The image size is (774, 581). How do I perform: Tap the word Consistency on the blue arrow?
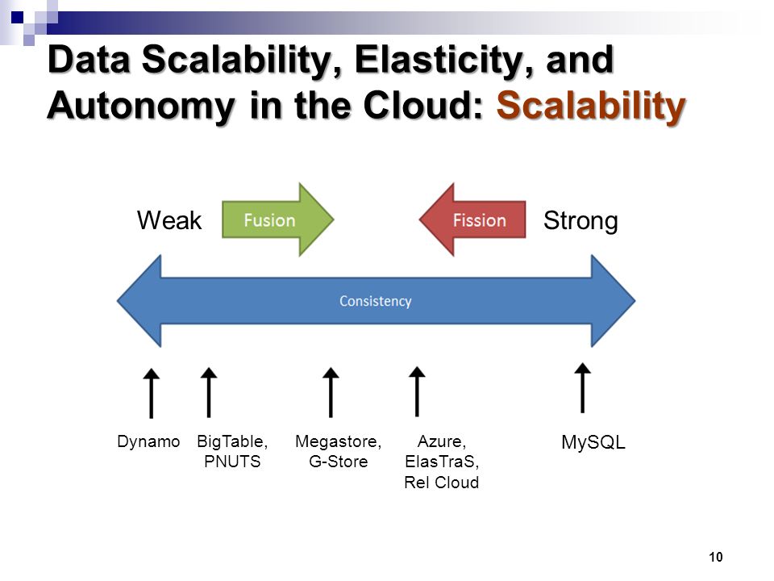tap(375, 301)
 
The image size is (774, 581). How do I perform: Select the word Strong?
tap(580, 220)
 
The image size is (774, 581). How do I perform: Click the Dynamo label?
tap(148, 441)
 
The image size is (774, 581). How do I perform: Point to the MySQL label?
tap(593, 442)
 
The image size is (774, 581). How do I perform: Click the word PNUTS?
tap(232, 462)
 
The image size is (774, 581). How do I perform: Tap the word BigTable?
tap(231, 441)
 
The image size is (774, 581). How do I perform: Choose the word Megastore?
tap(337, 441)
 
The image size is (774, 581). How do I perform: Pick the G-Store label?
tap(338, 462)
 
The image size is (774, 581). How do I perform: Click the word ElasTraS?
tap(440, 462)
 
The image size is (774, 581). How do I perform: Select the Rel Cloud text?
tap(441, 483)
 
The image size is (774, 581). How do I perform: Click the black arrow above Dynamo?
tap(151, 393)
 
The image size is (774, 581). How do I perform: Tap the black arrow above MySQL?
tap(582, 388)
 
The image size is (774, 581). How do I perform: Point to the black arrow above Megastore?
tap(331, 393)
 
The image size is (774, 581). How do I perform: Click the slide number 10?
tap(716, 557)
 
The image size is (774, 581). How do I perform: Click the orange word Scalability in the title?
tap(591, 105)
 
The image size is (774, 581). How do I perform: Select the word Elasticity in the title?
tap(442, 61)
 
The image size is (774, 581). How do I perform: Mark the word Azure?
tap(441, 441)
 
